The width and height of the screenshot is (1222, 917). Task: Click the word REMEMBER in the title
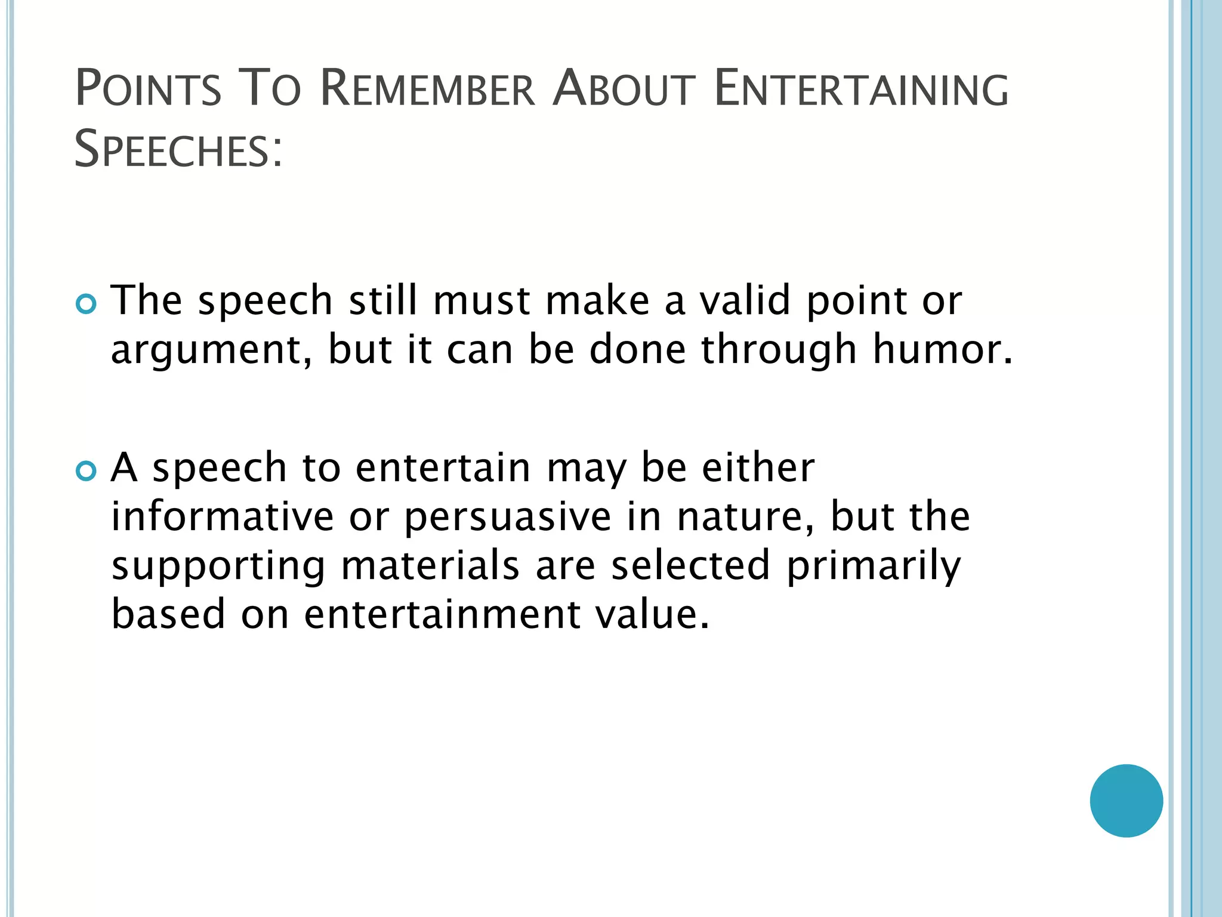(x=427, y=90)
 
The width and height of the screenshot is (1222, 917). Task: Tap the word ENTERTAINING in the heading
(x=860, y=90)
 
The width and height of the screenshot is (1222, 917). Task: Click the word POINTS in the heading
(x=148, y=90)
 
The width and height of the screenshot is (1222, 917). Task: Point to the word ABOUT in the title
(x=624, y=90)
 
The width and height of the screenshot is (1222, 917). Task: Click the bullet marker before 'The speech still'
(x=87, y=304)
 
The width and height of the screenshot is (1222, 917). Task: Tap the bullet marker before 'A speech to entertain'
(x=87, y=472)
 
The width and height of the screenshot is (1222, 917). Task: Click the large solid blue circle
(x=1126, y=801)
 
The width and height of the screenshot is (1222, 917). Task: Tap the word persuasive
(x=508, y=518)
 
